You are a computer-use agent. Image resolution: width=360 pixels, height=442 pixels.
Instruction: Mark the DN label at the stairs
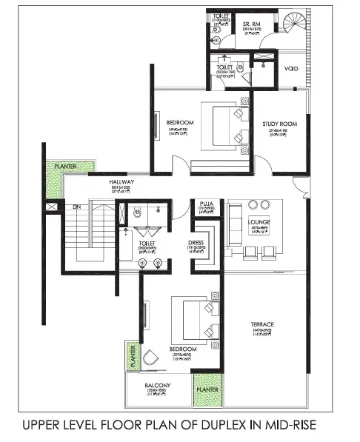(75, 207)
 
